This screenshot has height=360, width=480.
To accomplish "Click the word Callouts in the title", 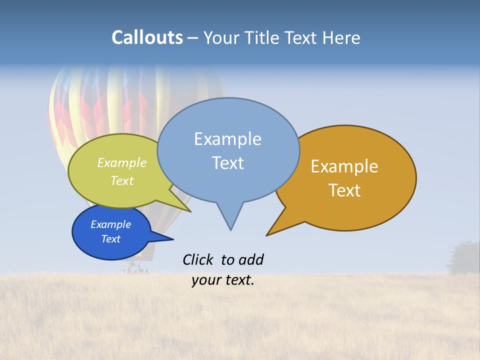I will point(147,37).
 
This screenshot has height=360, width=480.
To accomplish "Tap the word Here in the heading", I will point(340,37).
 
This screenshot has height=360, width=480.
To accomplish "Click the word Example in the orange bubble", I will point(344,166).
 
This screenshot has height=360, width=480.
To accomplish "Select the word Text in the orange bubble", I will point(344,190).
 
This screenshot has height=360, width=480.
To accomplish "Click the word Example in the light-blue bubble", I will point(227,139).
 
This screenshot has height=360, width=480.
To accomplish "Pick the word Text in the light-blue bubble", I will point(227,163).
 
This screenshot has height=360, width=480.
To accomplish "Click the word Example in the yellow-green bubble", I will point(121,163).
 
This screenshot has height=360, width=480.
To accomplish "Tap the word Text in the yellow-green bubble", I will point(121,180).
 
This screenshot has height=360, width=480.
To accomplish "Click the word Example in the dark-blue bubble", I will point(110,224).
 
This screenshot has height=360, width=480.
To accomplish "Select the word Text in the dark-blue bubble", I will point(110,239).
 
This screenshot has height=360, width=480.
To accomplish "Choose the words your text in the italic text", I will point(222,280).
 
